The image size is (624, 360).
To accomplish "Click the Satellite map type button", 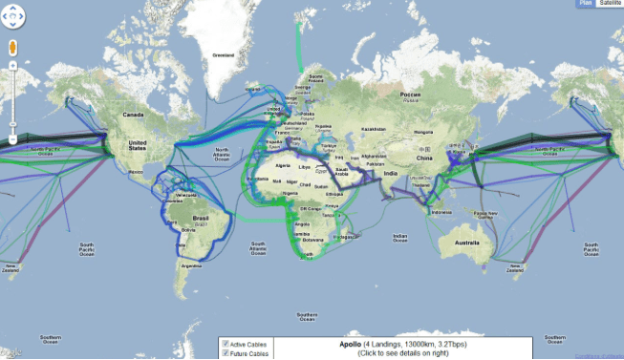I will pyautogui.click(x=608, y=5).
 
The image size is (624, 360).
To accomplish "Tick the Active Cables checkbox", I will pyautogui.click(x=225, y=344).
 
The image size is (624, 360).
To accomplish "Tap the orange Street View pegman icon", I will pyautogui.click(x=12, y=48).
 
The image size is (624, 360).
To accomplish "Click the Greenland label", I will pyautogui.click(x=223, y=54).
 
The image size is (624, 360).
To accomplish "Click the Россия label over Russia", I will pyautogui.click(x=409, y=95).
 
